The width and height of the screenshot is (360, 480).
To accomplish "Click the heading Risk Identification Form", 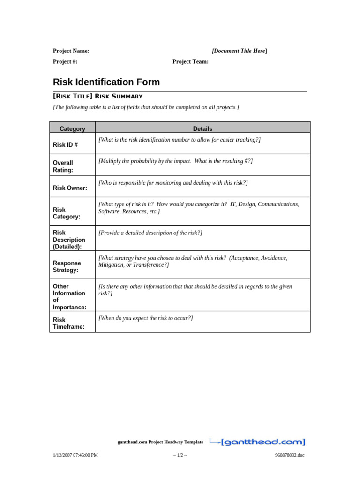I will click(x=106, y=82).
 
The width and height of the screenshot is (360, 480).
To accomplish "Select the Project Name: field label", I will click(x=71, y=51).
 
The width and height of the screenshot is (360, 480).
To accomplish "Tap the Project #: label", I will click(x=65, y=61).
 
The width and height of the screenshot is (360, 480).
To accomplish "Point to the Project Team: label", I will click(x=190, y=61).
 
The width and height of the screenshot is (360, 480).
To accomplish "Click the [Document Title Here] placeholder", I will click(x=240, y=51).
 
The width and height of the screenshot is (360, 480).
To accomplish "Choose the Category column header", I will click(x=72, y=128).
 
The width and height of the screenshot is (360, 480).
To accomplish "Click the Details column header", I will click(x=202, y=128).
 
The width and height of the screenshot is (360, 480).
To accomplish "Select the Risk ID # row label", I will click(x=65, y=145).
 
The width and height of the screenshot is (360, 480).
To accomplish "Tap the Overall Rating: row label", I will click(x=63, y=166).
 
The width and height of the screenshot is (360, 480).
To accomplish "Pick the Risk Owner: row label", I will click(x=70, y=188).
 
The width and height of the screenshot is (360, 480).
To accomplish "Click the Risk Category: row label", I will click(x=66, y=213).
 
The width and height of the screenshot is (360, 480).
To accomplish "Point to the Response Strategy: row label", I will click(x=67, y=267).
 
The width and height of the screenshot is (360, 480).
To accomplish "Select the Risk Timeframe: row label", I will click(x=68, y=323).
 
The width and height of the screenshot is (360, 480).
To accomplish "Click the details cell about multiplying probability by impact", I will click(x=175, y=161).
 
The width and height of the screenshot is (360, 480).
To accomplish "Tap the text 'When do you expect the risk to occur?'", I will click(x=145, y=318).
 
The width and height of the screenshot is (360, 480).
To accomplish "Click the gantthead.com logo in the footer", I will click(x=257, y=441).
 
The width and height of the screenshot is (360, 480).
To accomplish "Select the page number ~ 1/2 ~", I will click(x=180, y=455).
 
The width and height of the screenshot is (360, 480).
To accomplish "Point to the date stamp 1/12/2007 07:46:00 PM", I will click(x=75, y=455).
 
